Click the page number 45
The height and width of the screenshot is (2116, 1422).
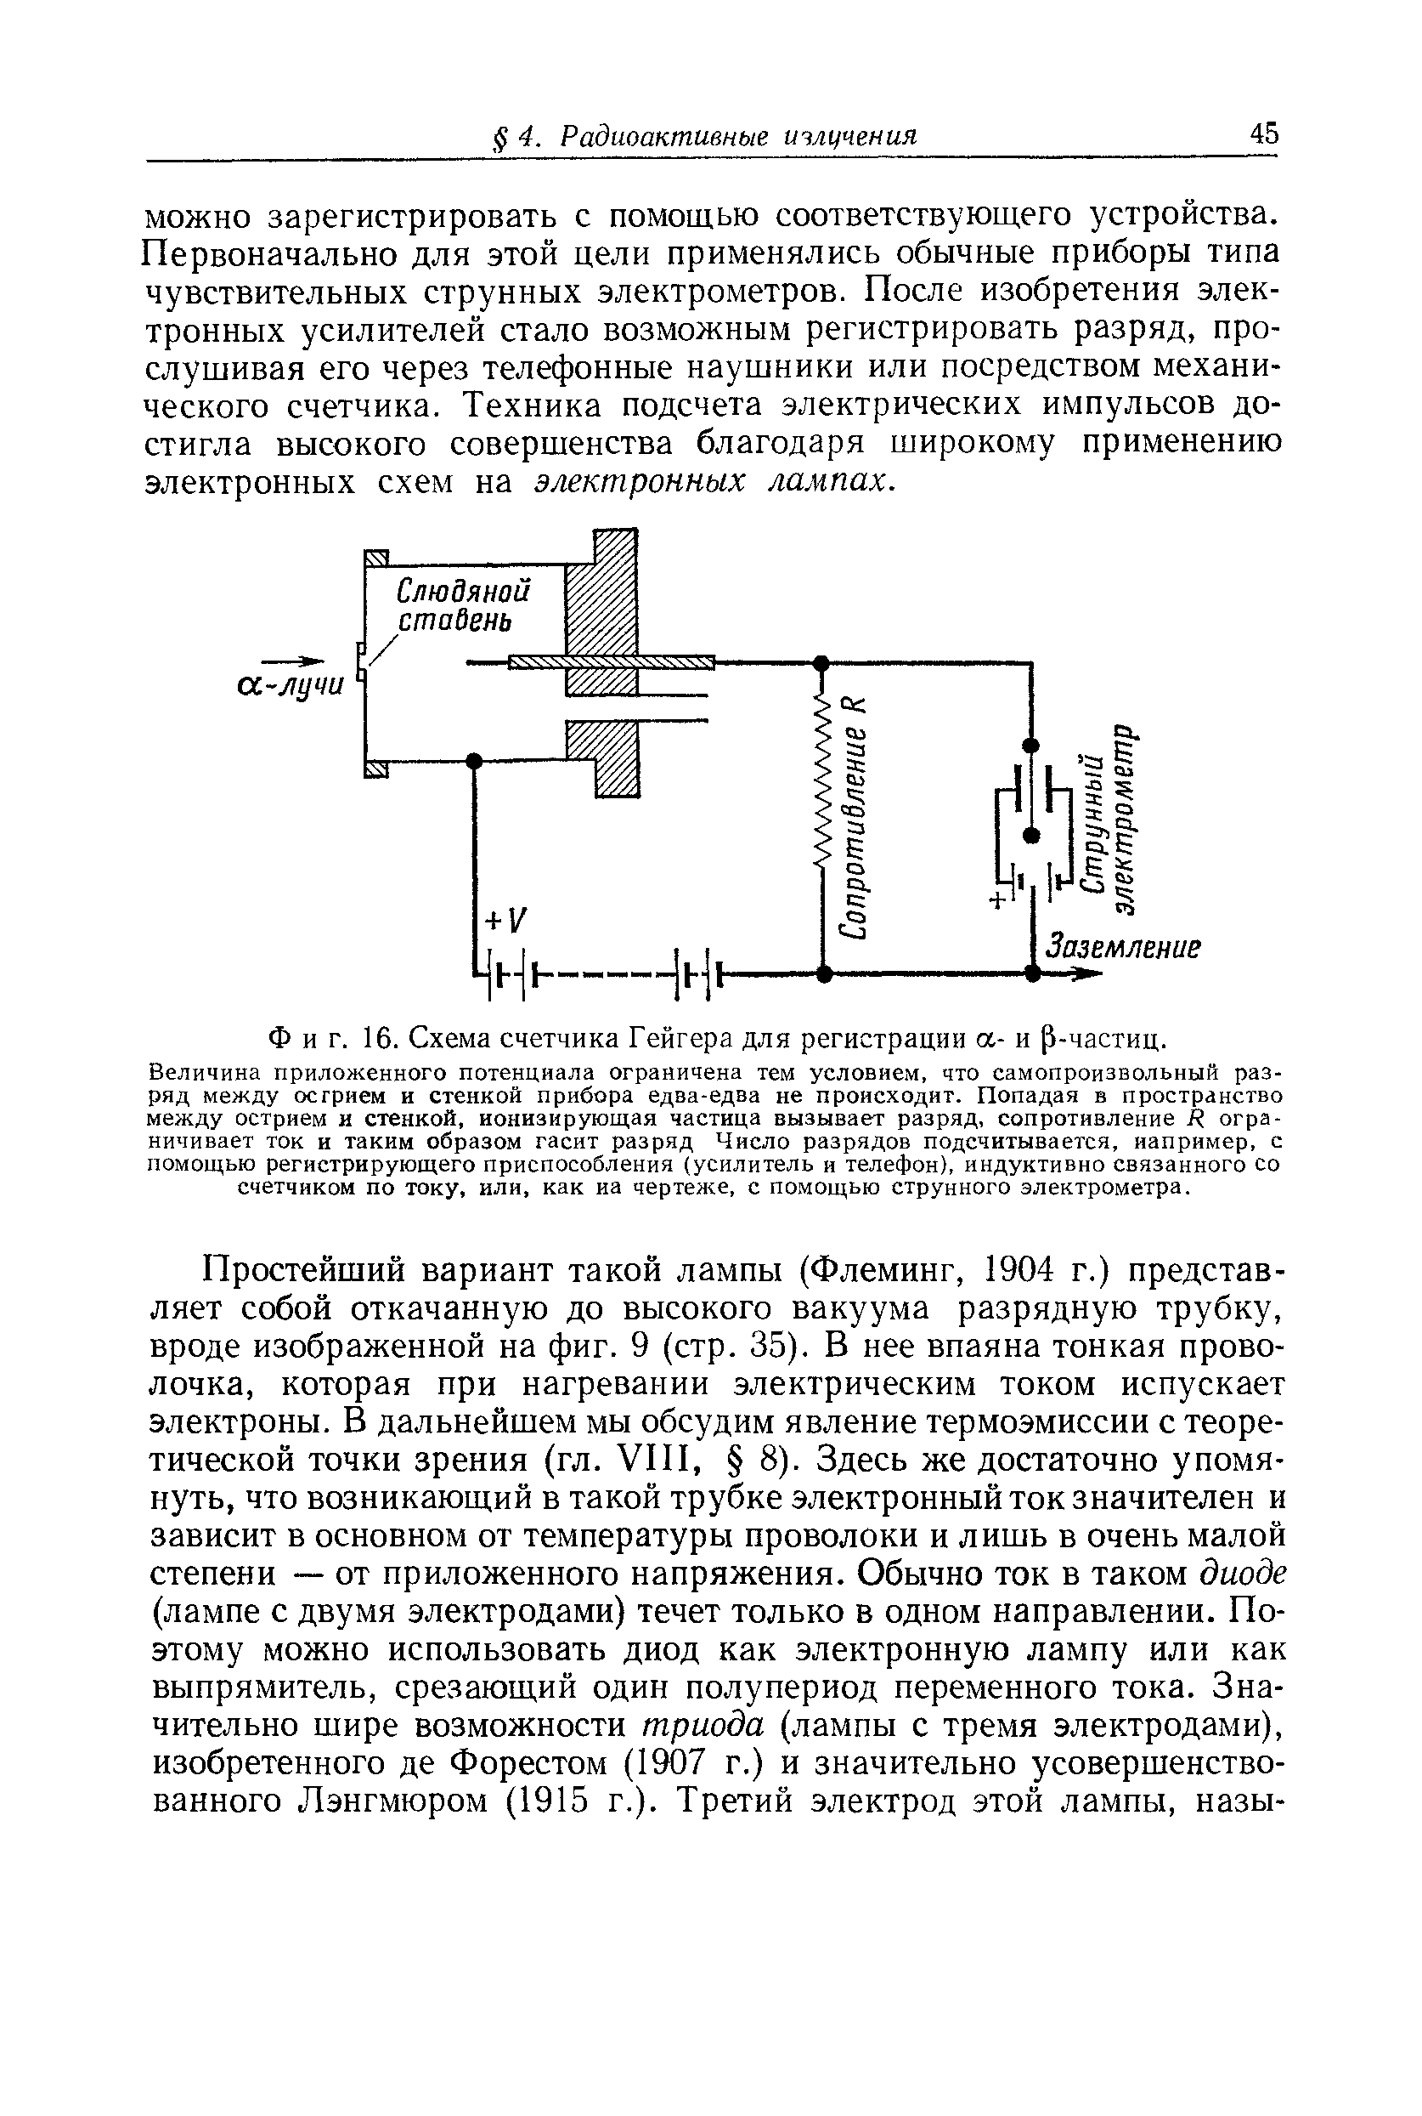1263,134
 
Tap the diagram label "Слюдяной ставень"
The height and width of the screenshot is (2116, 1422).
462,605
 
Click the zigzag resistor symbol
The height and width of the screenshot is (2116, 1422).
822,780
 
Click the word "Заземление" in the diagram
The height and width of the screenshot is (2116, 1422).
1123,946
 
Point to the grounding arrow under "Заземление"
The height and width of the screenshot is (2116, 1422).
1075,974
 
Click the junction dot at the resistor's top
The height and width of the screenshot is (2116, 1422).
821,662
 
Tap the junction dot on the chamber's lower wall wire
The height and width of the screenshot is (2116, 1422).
472,760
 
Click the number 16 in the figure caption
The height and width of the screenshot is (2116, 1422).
376,1035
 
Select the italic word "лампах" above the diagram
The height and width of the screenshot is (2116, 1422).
826,482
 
